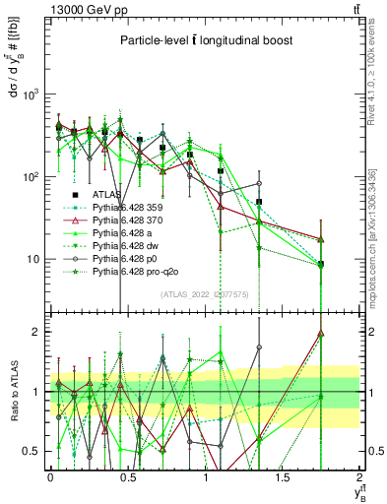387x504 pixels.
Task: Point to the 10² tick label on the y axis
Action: (32, 177)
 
